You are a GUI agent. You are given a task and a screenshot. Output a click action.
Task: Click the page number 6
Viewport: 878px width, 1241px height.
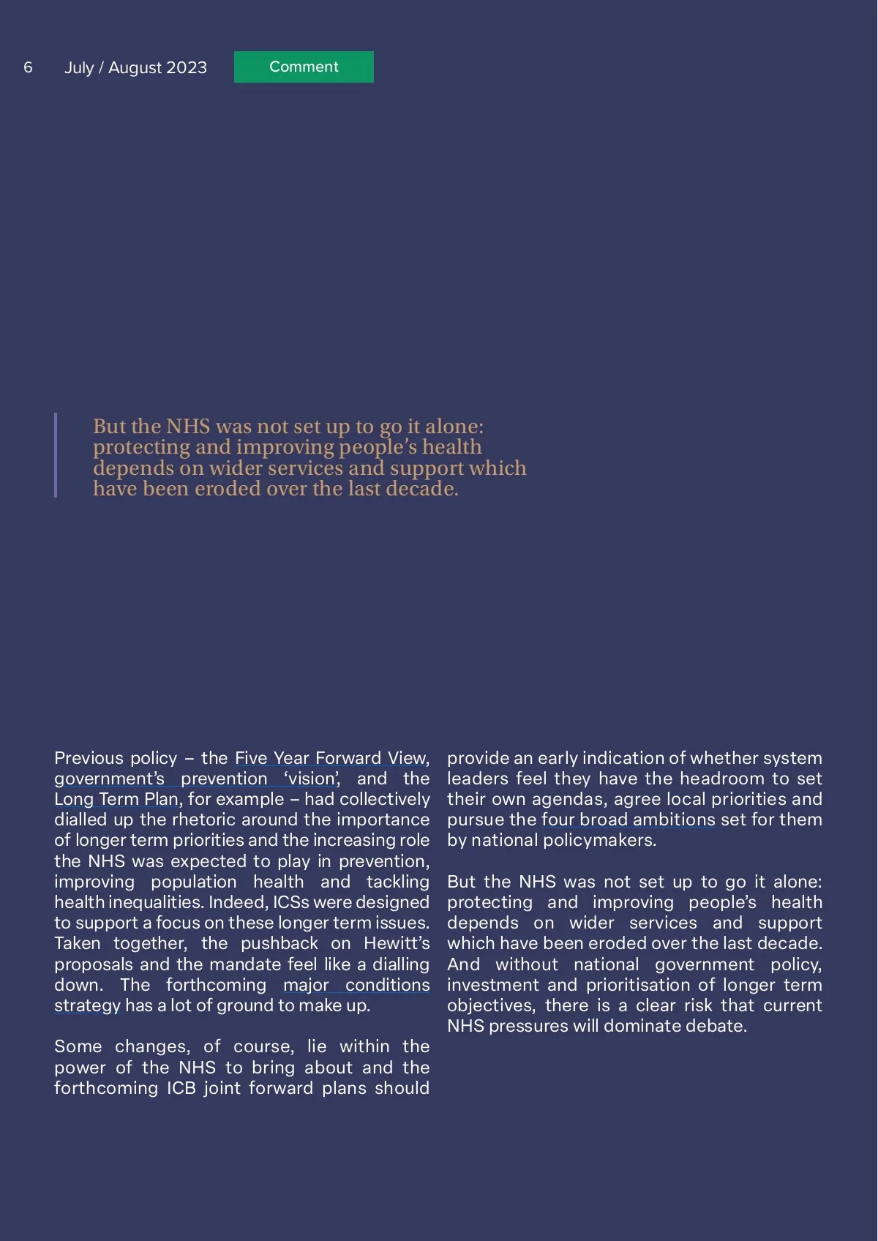[x=28, y=67]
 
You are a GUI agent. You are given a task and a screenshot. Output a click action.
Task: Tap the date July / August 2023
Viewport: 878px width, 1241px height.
[x=135, y=67]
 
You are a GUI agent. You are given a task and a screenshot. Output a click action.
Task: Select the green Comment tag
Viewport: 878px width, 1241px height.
[x=304, y=67]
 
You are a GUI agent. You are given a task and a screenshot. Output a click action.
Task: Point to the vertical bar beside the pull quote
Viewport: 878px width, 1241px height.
[x=56, y=455]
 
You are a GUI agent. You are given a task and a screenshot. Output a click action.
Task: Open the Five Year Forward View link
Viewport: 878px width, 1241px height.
[x=330, y=758]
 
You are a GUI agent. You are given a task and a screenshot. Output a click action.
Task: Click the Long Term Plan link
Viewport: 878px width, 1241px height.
[x=116, y=799]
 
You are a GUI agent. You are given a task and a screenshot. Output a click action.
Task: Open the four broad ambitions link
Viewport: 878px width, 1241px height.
[x=629, y=820]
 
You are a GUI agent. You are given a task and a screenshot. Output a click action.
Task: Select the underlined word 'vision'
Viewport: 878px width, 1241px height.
[x=312, y=779]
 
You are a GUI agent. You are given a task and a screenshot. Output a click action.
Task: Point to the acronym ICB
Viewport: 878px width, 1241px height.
[x=181, y=1088]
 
